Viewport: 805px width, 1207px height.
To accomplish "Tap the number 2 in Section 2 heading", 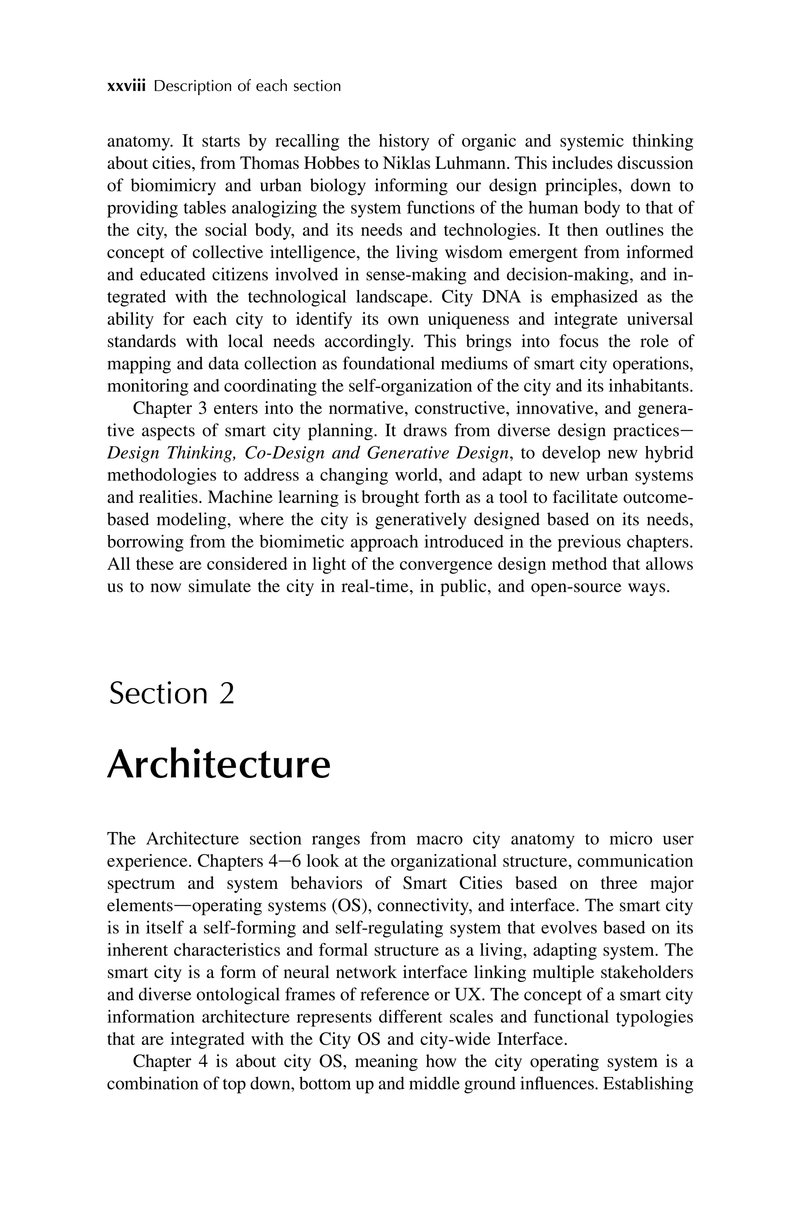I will pyautogui.click(x=226, y=693).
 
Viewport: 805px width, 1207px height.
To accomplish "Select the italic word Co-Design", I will pyautogui.click(x=285, y=453).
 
